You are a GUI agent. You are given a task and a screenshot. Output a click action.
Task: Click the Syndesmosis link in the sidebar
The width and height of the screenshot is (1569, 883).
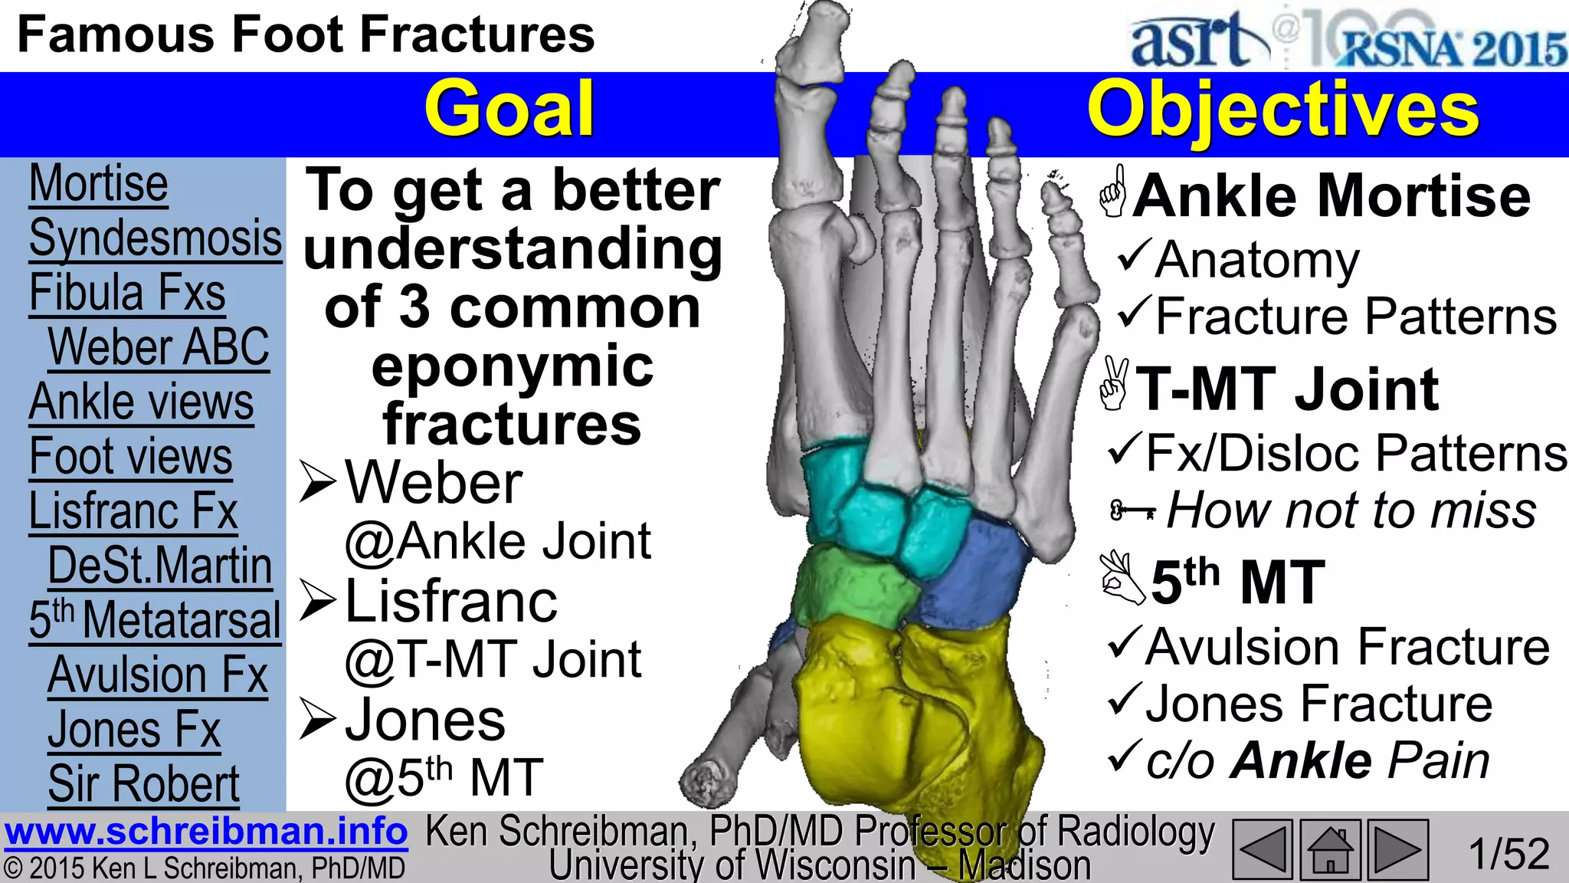[156, 238]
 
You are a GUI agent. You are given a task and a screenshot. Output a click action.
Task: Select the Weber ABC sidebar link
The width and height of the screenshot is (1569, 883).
[159, 347]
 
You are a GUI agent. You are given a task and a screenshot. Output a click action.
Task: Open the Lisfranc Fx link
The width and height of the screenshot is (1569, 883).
[133, 510]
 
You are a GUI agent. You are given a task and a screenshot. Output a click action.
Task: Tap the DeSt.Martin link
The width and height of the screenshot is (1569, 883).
[159, 566]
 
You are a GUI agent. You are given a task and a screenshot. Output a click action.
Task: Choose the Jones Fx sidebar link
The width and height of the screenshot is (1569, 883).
[134, 729]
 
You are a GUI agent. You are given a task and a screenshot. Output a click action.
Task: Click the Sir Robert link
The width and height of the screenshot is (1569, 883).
[144, 783]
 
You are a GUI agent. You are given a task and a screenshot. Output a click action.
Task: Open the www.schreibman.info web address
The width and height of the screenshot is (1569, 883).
[205, 832]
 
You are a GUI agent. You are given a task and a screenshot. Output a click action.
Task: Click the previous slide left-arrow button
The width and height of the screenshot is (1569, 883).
[1263, 849]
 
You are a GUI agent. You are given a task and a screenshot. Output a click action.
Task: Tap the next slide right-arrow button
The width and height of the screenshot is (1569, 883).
[1397, 849]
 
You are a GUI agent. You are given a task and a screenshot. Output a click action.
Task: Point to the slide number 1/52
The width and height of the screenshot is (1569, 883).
[1508, 853]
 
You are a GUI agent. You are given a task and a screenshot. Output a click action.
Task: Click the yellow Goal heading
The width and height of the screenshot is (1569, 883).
[509, 109]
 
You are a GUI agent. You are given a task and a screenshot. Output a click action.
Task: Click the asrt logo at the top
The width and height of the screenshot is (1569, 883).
[1195, 40]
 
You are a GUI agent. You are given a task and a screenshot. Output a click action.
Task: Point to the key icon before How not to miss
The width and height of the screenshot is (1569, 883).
[1132, 510]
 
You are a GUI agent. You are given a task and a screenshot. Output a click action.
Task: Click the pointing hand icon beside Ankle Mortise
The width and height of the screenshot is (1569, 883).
[1113, 192]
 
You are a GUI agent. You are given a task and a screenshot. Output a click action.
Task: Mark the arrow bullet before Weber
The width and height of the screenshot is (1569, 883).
[318, 482]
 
